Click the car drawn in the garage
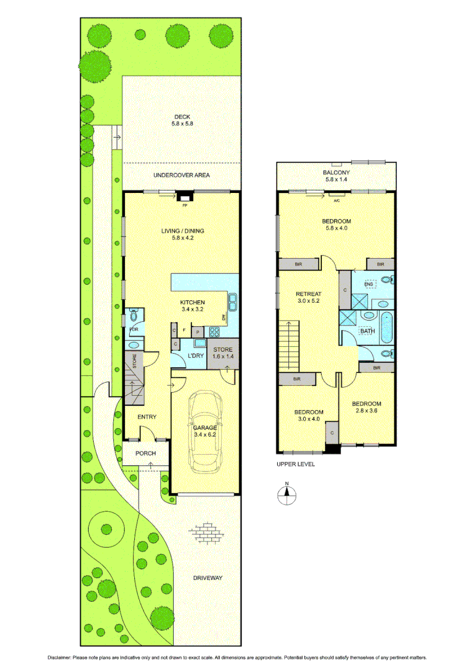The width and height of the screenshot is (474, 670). tap(204, 431)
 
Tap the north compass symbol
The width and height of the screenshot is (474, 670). tap(286, 493)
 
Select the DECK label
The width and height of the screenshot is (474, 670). tap(182, 117)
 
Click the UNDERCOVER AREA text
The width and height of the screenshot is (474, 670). tap(181, 175)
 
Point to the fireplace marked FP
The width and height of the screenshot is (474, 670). tap(183, 199)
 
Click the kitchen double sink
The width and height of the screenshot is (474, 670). tap(232, 303)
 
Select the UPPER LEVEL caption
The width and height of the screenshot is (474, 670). tap(296, 464)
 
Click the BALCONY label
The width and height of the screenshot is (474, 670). tap(336, 172)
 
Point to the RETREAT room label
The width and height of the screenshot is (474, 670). tap(308, 294)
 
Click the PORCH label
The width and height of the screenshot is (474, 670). tap(147, 453)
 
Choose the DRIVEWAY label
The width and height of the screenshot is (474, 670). tap(207, 578)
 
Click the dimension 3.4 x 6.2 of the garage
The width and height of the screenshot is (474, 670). tap(205, 435)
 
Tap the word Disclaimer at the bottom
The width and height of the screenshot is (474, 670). tap(60, 657)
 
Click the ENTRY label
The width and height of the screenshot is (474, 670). tap(147, 417)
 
